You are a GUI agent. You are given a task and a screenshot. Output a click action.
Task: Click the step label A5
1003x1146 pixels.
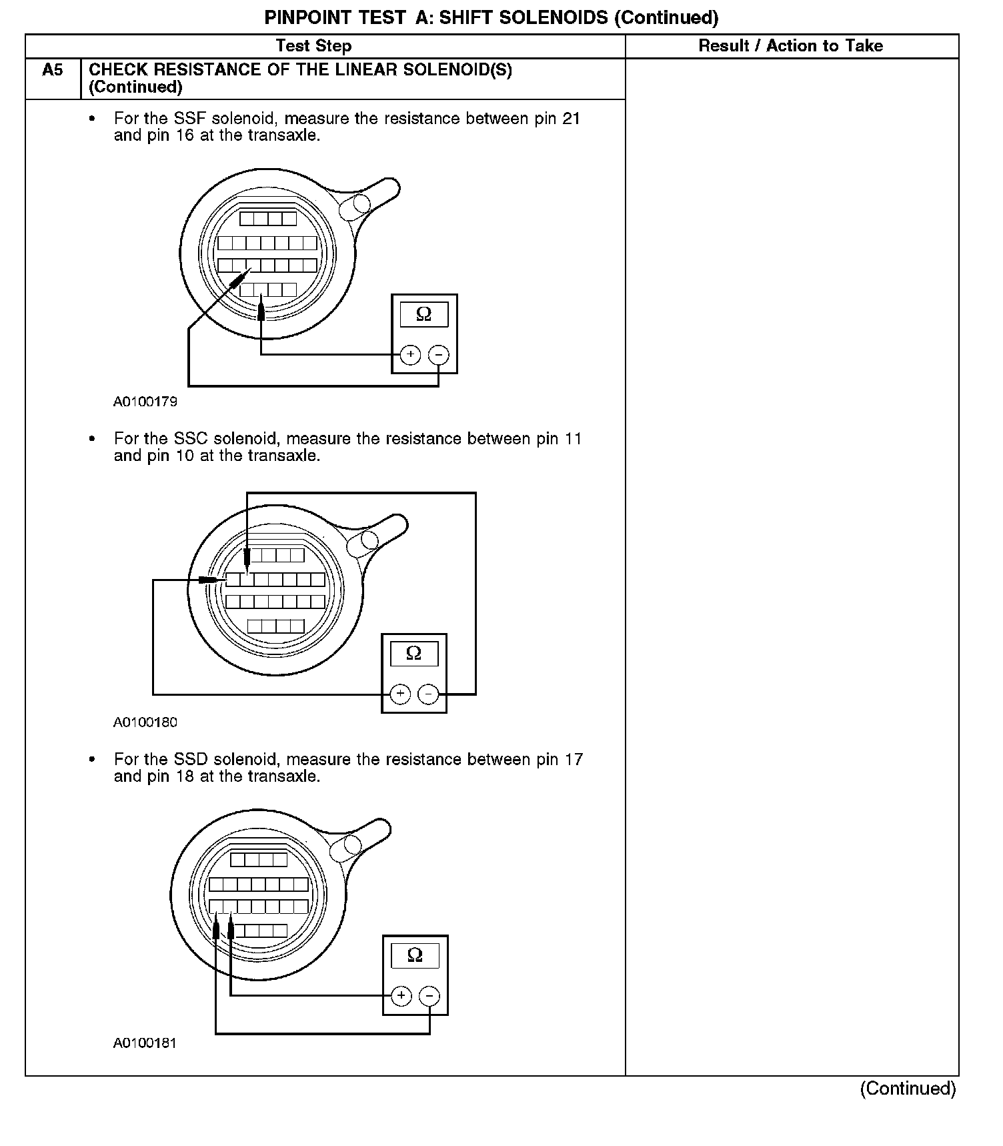52,70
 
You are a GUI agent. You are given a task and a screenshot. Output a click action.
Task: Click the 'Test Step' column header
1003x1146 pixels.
313,46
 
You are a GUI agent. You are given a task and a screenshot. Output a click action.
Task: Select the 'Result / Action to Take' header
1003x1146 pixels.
790,46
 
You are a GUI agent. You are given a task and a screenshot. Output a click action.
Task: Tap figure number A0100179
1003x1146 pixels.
145,402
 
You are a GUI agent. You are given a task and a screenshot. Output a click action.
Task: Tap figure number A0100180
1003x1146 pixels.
145,722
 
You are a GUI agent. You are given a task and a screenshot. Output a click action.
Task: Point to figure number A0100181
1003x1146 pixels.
145,1043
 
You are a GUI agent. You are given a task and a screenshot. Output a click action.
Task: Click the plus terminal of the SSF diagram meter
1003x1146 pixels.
410,355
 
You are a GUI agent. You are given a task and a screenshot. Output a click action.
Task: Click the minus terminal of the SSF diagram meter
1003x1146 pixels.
438,355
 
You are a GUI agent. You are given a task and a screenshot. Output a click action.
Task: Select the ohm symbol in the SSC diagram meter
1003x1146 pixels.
413,653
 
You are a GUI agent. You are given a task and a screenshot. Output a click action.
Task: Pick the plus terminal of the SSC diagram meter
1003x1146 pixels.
400,694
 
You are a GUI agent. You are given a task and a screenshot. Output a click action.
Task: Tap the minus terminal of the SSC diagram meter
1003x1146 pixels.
428,694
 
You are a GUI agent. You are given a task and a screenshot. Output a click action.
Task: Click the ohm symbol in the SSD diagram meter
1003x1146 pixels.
415,955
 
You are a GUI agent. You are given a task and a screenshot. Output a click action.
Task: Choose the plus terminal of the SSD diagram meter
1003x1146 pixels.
401,997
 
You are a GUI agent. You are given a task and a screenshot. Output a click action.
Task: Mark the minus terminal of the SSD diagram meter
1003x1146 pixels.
429,997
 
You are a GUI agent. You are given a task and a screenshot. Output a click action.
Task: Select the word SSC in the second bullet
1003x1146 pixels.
191,439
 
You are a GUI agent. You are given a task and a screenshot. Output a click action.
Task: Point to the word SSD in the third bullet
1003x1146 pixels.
191,760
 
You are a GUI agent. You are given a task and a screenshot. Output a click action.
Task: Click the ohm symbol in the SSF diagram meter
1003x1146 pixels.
423,314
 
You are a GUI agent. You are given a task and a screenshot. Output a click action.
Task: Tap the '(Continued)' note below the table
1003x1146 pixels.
908,1089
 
